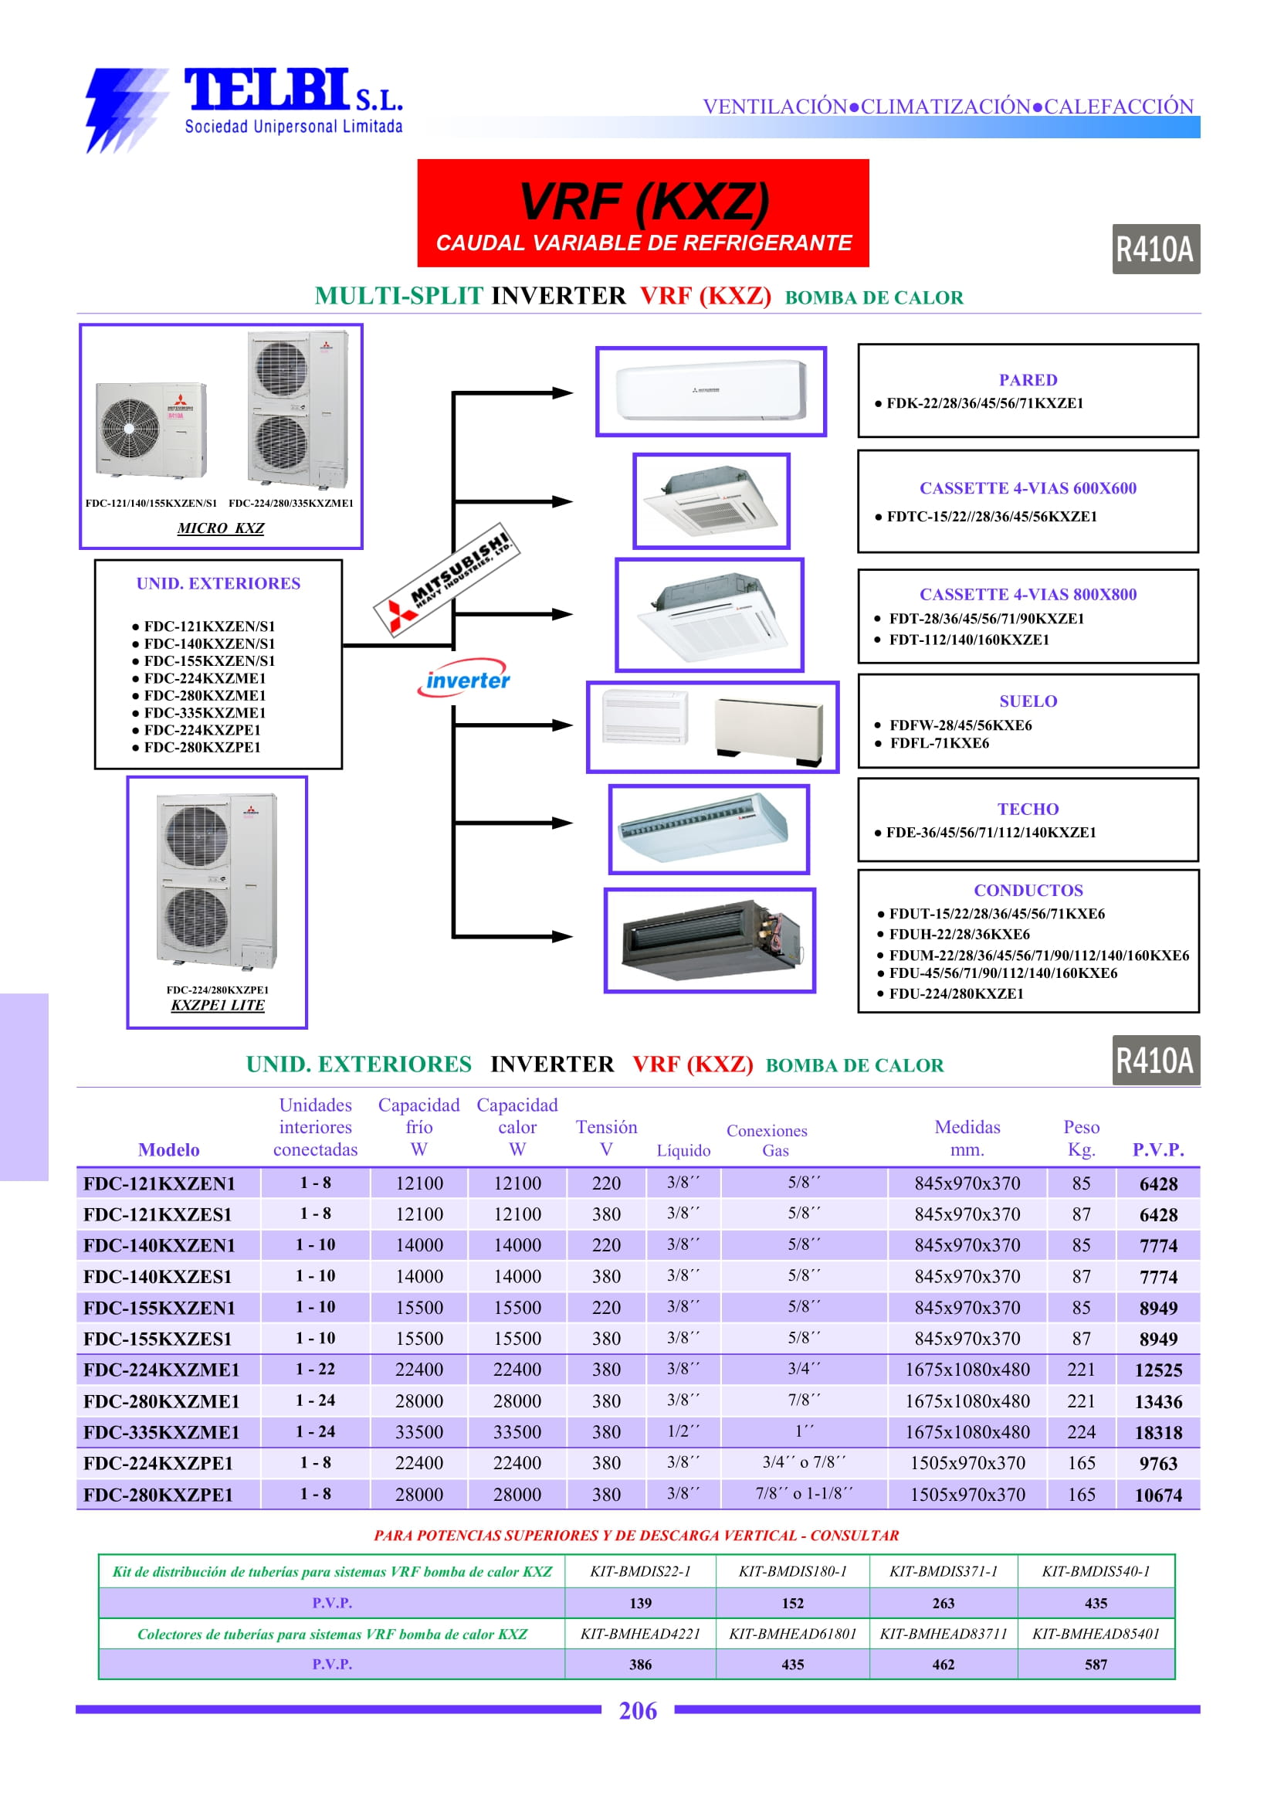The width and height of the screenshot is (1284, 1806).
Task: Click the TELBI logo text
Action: [266, 91]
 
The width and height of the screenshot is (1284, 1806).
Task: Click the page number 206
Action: [637, 1710]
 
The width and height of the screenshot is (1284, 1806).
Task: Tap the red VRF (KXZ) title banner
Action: [643, 212]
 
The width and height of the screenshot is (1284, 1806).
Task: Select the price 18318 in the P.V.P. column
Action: [1157, 1433]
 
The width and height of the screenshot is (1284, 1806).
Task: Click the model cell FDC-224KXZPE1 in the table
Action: [158, 1464]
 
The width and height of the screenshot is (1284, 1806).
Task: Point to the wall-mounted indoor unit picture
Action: [711, 391]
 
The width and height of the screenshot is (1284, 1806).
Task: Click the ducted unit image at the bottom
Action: [710, 940]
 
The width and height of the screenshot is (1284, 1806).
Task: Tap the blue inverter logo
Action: [466, 680]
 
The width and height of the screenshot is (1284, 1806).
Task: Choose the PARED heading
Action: [1027, 380]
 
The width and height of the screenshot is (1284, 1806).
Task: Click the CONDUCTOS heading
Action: [1027, 890]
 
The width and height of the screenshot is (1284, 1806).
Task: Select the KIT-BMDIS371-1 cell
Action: [943, 1571]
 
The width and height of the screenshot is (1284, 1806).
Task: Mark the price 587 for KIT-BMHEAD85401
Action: [1095, 1665]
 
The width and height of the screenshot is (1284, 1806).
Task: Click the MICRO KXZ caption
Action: [221, 528]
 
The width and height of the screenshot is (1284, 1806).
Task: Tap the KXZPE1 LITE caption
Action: [218, 1005]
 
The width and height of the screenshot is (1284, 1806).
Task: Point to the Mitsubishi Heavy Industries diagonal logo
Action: [447, 579]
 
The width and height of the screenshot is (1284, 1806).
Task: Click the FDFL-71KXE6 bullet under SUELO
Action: [939, 743]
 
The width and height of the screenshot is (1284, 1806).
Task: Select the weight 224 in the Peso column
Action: [1080, 1432]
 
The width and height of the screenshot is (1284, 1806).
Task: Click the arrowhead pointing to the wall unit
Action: [563, 392]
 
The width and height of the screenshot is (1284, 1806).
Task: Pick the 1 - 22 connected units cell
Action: [315, 1370]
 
